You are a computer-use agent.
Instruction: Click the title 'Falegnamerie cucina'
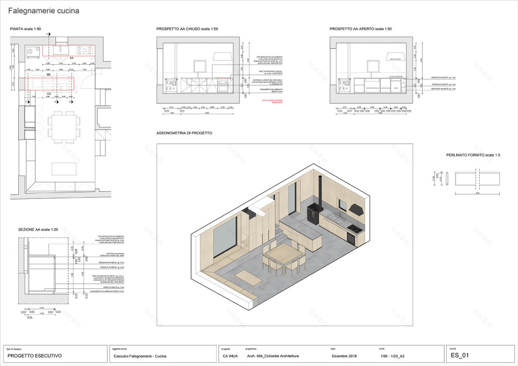(44, 11)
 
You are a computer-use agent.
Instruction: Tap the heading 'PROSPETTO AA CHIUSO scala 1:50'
(187, 29)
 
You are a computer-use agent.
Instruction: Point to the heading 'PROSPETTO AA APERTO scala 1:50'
(361, 29)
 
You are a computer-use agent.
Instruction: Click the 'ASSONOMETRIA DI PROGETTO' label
(184, 134)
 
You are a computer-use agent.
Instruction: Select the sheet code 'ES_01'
(460, 355)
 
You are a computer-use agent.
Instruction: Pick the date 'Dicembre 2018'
(344, 356)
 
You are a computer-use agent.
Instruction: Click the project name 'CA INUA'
(231, 356)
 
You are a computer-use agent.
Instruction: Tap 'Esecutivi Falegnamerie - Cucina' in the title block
(140, 356)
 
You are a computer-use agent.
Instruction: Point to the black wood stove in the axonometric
(314, 212)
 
